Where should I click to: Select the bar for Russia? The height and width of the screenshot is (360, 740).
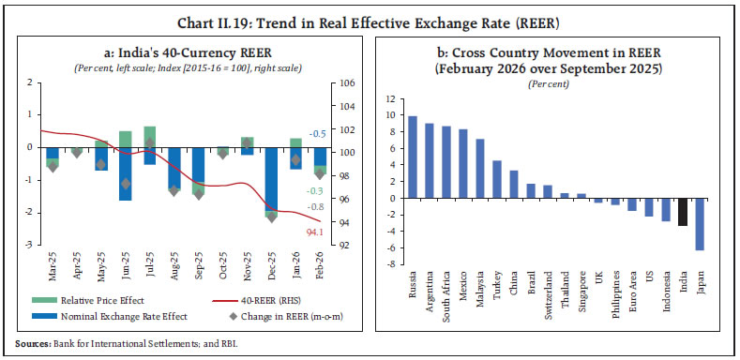pos(412,157)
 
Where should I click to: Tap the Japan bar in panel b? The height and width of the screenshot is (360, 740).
pos(699,224)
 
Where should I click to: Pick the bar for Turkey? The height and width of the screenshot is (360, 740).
pos(497,179)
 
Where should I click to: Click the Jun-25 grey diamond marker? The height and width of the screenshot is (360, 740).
pos(125,184)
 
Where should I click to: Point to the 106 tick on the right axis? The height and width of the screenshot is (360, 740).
pos(345,83)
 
